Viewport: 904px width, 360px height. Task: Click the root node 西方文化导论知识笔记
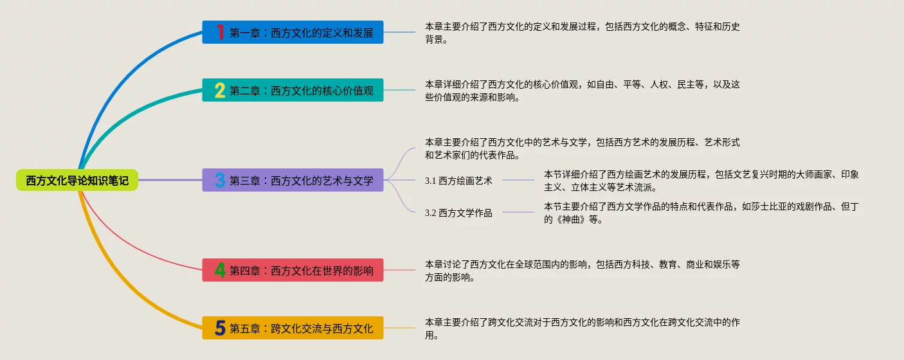tap(77, 181)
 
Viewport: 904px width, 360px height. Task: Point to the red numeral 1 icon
tap(220, 32)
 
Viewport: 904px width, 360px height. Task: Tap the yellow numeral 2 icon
tap(220, 90)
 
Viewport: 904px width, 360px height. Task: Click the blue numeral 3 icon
tap(220, 180)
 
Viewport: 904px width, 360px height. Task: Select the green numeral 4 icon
tap(220, 270)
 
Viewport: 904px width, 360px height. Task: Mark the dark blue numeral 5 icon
tap(220, 328)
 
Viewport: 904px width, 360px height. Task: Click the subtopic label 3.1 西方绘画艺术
tap(458, 181)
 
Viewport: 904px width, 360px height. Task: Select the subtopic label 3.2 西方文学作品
tap(458, 213)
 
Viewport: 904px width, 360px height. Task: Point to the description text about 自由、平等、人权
tap(582, 91)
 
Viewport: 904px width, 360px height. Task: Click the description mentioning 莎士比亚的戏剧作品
tap(701, 213)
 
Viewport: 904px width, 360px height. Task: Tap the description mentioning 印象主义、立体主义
tap(701, 181)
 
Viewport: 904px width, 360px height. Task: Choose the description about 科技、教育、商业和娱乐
tap(582, 271)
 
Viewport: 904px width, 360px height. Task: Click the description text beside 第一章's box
tap(582, 33)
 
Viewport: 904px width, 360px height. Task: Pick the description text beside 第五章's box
tap(582, 328)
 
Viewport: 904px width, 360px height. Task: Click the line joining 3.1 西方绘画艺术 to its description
tap(518, 180)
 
